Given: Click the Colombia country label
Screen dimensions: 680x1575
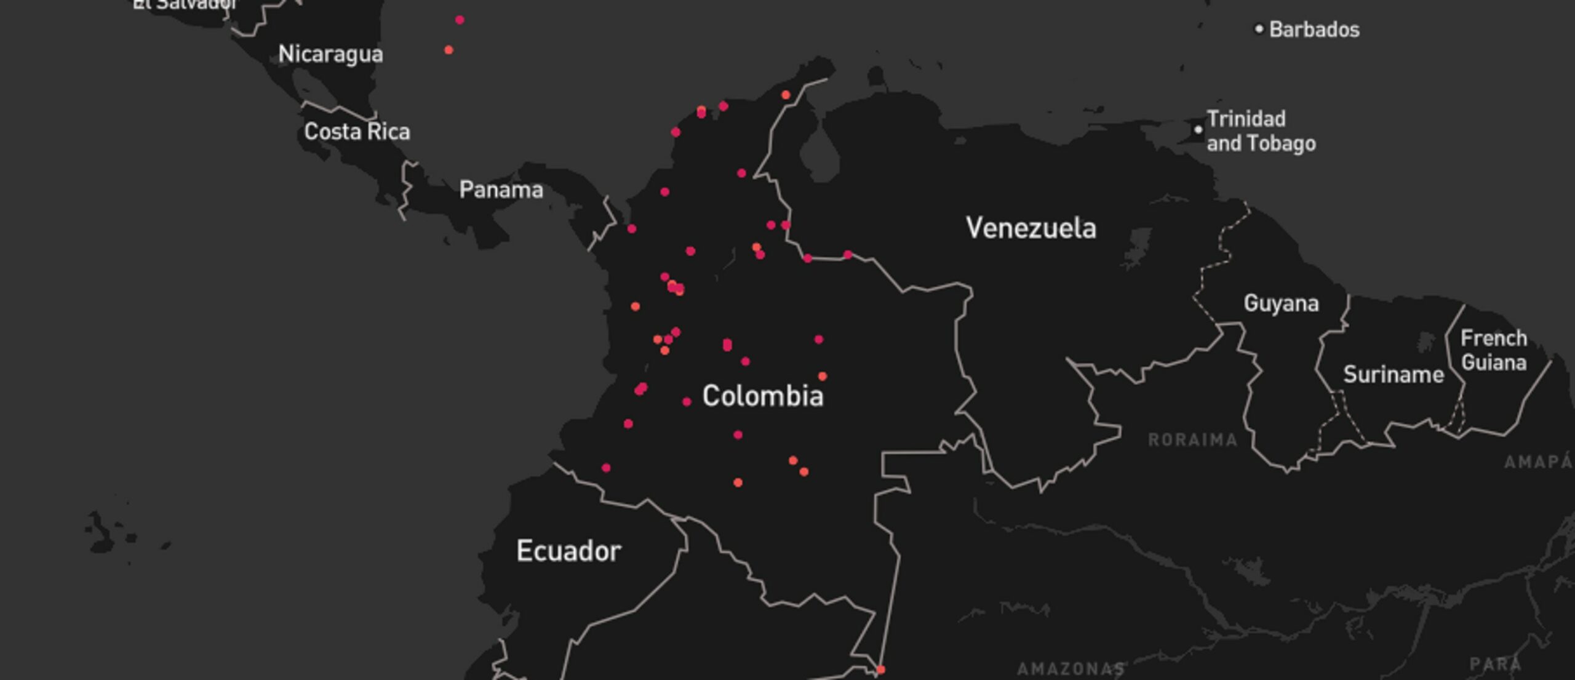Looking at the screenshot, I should point(762,396).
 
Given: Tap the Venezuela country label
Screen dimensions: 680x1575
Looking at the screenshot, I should point(1031,228).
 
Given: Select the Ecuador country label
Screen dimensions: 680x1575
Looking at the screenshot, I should point(568,551).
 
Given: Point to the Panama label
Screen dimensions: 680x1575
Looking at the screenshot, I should point(501,190).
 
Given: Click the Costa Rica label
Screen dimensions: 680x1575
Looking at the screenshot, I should point(357,132).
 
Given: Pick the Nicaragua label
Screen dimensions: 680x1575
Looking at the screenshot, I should point(330,54).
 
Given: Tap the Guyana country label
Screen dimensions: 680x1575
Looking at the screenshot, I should point(1281,303).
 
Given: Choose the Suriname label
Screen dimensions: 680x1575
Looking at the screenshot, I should point(1393,374).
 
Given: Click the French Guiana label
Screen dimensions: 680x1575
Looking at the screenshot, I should point(1493,350).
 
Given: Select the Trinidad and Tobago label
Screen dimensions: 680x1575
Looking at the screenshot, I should point(1261,131).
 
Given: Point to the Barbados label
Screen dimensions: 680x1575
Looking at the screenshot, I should point(1314,30).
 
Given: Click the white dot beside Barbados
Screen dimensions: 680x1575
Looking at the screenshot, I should point(1259,29).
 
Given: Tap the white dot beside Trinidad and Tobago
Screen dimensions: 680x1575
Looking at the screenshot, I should point(1198,130).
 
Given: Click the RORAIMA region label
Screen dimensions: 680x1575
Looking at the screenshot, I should point(1192,440).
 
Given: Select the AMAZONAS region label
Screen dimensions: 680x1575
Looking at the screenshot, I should point(1071,668).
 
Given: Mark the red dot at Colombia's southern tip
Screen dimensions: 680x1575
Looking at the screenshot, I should point(880,670).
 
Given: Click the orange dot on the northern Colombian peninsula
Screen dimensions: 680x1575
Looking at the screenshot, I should point(786,95).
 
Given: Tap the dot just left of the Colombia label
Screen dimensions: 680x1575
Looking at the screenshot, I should point(687,402).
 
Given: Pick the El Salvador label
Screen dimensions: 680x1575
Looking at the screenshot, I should point(185,4).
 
